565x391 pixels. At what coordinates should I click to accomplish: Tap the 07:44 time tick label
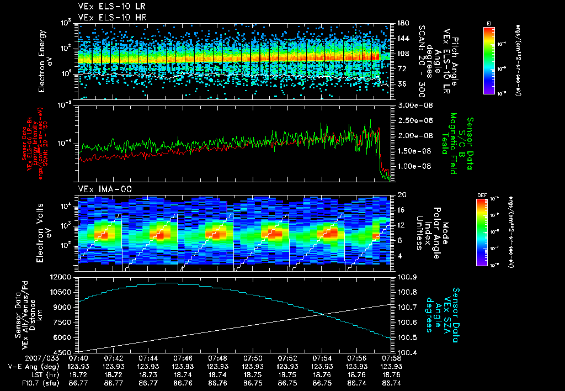(148, 357)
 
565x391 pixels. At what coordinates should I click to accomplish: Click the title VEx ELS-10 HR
(108, 18)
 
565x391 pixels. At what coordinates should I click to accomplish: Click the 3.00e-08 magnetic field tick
(413, 105)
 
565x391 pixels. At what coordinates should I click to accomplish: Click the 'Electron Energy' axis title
(45, 61)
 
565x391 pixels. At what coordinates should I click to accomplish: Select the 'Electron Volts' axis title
(45, 229)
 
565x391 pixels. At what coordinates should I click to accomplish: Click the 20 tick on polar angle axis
(401, 195)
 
